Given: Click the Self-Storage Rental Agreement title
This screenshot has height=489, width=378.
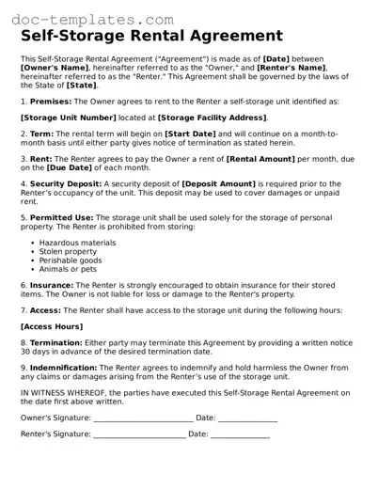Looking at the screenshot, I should point(151,37).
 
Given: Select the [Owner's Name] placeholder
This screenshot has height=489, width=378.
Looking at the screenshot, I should point(58,68).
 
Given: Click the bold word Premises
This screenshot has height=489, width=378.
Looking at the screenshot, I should point(51,101).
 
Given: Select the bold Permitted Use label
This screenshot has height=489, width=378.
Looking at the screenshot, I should point(61,217).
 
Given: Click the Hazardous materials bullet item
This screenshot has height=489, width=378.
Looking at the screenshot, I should point(78,243).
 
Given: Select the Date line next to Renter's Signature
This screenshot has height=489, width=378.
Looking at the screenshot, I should point(240,435).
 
